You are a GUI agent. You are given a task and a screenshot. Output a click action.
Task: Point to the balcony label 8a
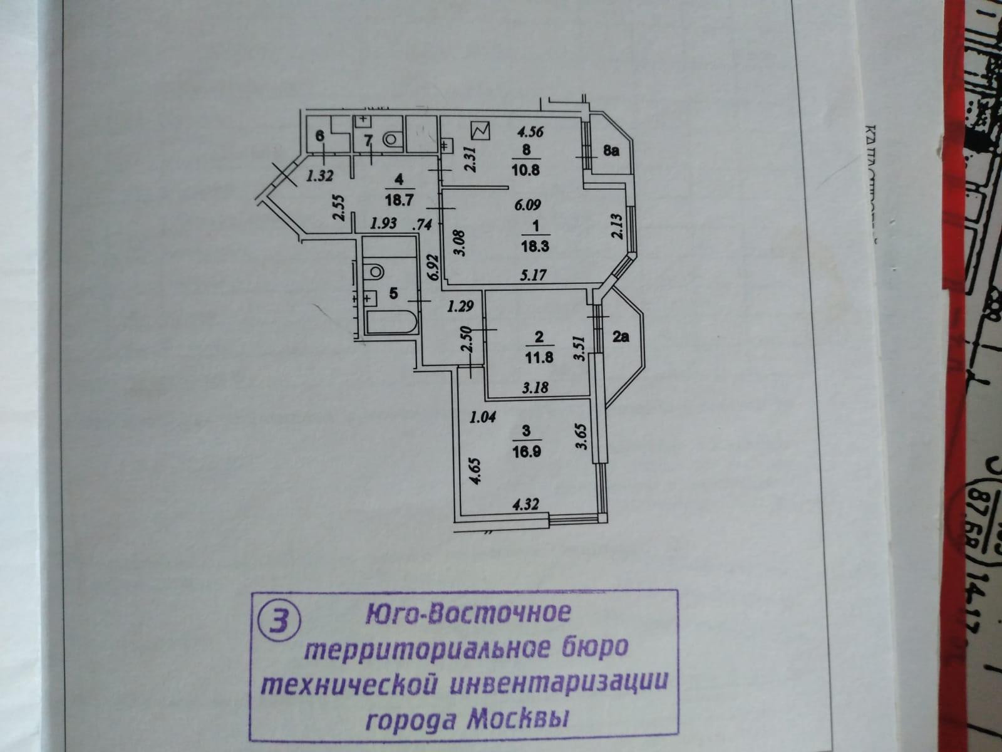[x=611, y=151]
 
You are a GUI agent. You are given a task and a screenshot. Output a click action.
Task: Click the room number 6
[x=319, y=136]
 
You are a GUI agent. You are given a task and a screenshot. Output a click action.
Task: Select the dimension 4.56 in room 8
[x=529, y=132]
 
